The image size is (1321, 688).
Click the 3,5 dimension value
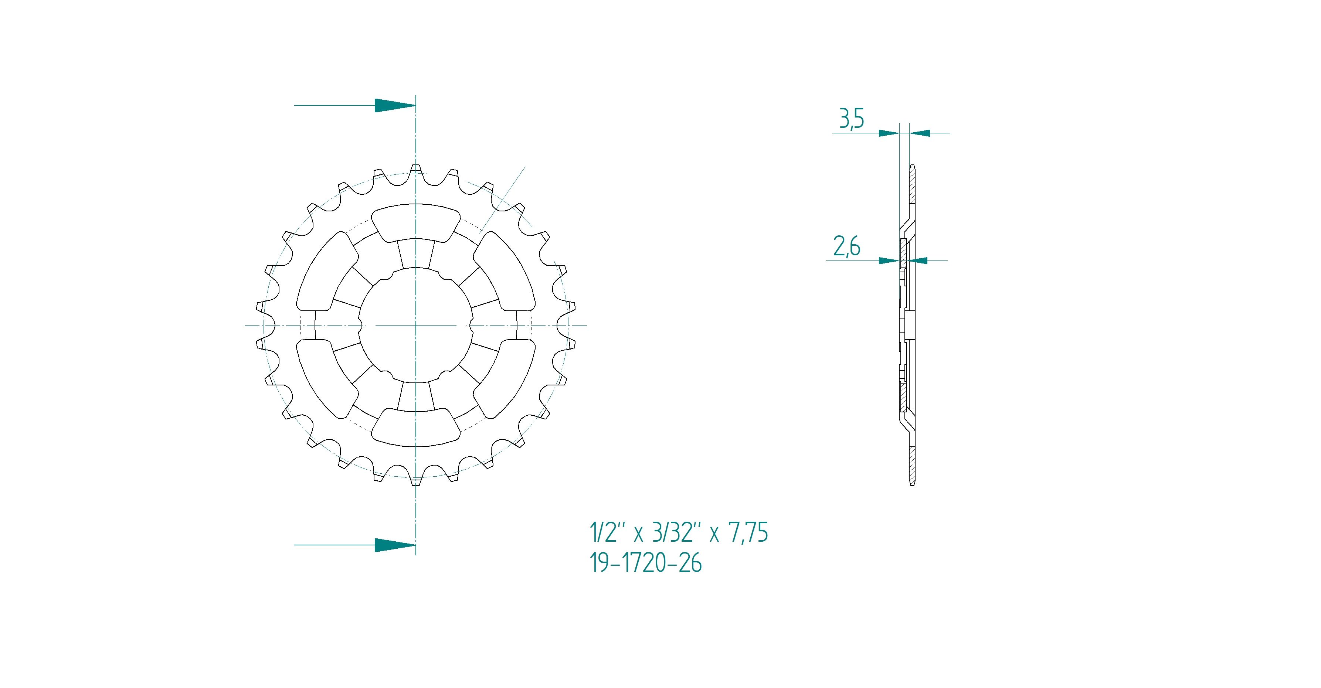tap(851, 119)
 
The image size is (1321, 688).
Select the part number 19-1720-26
tap(646, 563)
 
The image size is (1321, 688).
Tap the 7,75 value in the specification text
tap(749, 533)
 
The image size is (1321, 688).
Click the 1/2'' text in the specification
tap(608, 533)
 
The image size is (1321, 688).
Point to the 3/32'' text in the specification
tap(676, 533)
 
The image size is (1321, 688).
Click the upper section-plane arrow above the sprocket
tap(355, 105)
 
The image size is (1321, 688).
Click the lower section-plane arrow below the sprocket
tap(355, 545)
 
